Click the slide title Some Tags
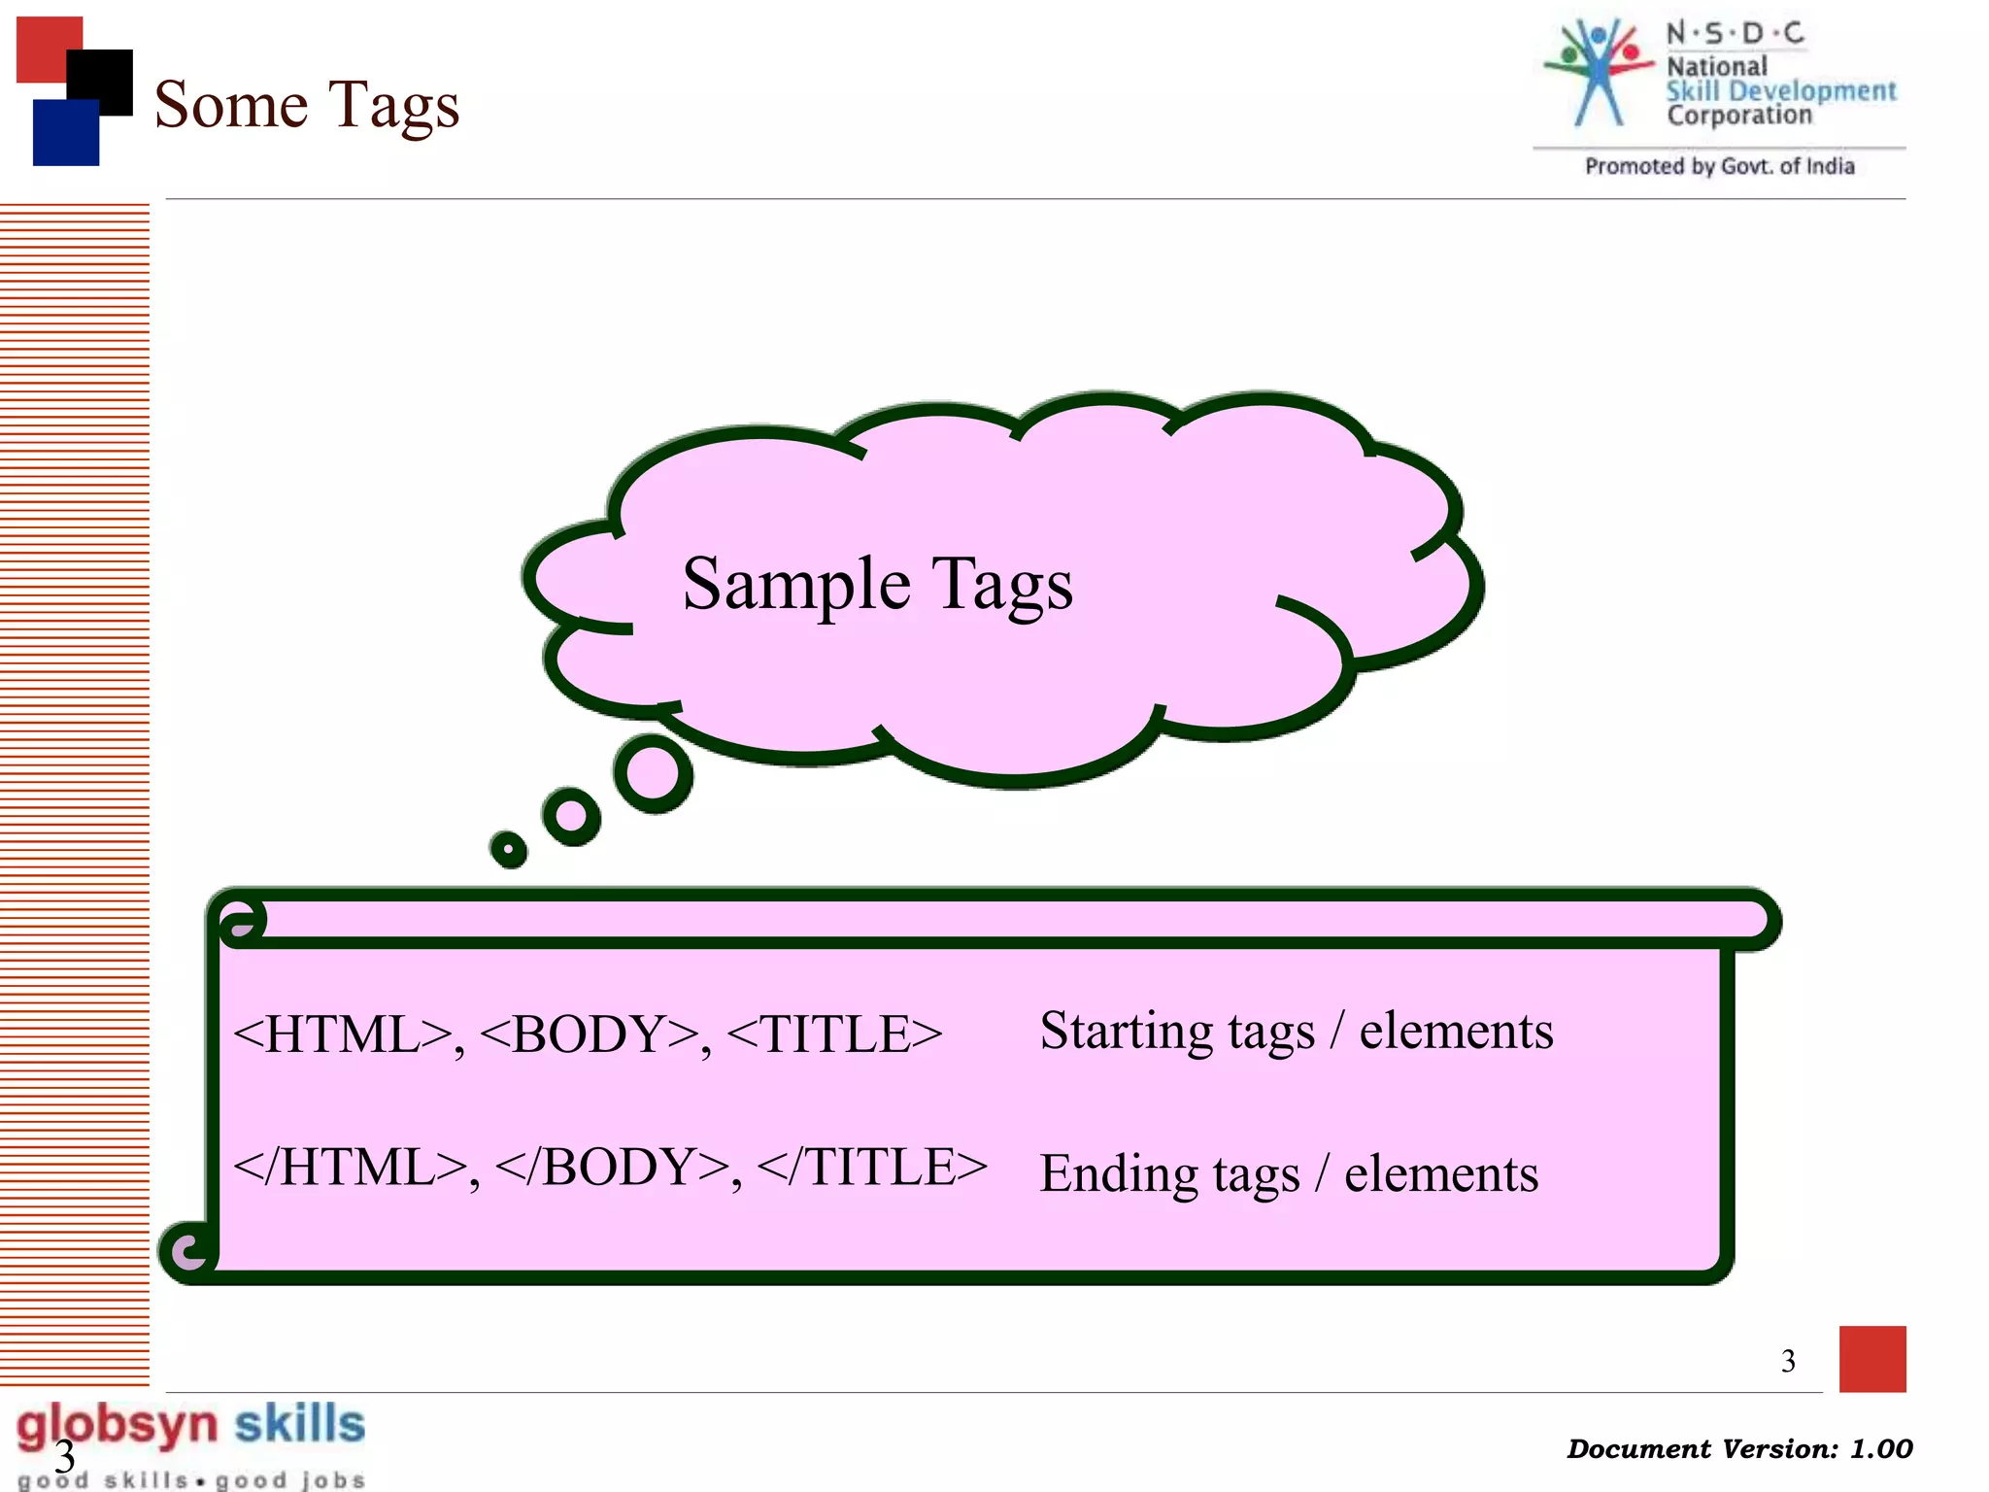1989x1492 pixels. [306, 105]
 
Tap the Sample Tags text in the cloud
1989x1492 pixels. [877, 585]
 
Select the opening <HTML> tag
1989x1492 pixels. [342, 1034]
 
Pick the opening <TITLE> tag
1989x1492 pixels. [834, 1034]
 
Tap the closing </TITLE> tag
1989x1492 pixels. [871, 1168]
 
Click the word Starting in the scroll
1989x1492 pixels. [1126, 1032]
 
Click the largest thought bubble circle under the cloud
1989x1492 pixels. [653, 774]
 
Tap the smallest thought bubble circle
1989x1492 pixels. [508, 849]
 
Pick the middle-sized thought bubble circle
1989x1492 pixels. [571, 816]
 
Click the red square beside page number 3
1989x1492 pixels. [1871, 1358]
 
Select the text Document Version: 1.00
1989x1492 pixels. [1738, 1449]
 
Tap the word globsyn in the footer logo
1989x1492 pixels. [117, 1426]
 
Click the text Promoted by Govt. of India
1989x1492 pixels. [1719, 167]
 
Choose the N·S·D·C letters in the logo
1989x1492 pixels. [1735, 34]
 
